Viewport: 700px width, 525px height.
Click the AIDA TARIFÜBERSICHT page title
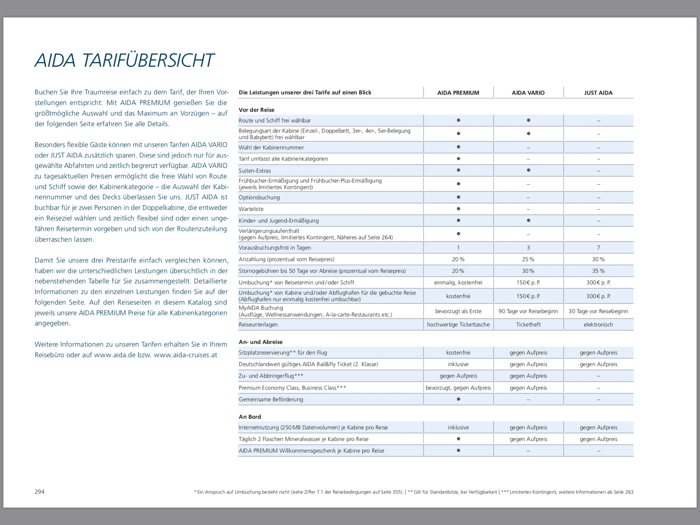pos(124,60)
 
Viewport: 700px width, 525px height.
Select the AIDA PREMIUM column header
pos(458,93)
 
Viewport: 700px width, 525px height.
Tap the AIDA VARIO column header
pos(528,93)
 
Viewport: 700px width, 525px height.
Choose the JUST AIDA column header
pos(598,93)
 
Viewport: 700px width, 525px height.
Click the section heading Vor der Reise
pos(256,110)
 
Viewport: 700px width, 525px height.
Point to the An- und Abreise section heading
pos(260,342)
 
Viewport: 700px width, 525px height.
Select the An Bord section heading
pos(250,417)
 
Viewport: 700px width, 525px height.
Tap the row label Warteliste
pos(251,209)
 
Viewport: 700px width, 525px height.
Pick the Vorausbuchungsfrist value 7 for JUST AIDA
pos(598,247)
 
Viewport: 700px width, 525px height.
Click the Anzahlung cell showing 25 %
pos(528,259)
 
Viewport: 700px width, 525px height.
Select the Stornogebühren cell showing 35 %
pos(598,271)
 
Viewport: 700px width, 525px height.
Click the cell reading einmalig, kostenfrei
pos(458,282)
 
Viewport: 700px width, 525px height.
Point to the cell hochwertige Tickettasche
pos(458,324)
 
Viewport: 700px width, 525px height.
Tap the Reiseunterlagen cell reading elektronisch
pos(598,324)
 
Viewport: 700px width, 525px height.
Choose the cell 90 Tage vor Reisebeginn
pos(528,311)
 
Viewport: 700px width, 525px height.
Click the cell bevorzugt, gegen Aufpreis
pos(458,388)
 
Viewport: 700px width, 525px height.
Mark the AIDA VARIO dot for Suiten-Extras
pos(528,170)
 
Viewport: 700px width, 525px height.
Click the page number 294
pos(40,492)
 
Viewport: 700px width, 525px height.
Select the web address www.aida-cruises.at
pos(185,355)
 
